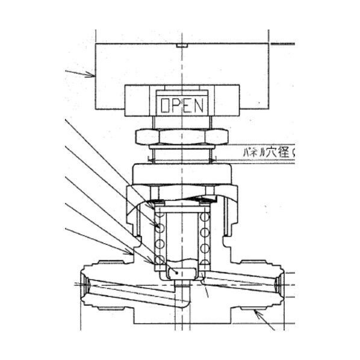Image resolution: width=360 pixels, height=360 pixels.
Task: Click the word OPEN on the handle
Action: [x=183, y=106]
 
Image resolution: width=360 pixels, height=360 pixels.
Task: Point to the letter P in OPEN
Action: [x=178, y=106]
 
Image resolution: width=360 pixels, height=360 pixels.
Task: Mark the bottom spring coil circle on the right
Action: [x=205, y=260]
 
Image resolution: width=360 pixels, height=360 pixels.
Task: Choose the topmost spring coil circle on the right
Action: [x=205, y=216]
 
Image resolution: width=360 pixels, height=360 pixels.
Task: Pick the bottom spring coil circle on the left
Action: [x=160, y=260]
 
